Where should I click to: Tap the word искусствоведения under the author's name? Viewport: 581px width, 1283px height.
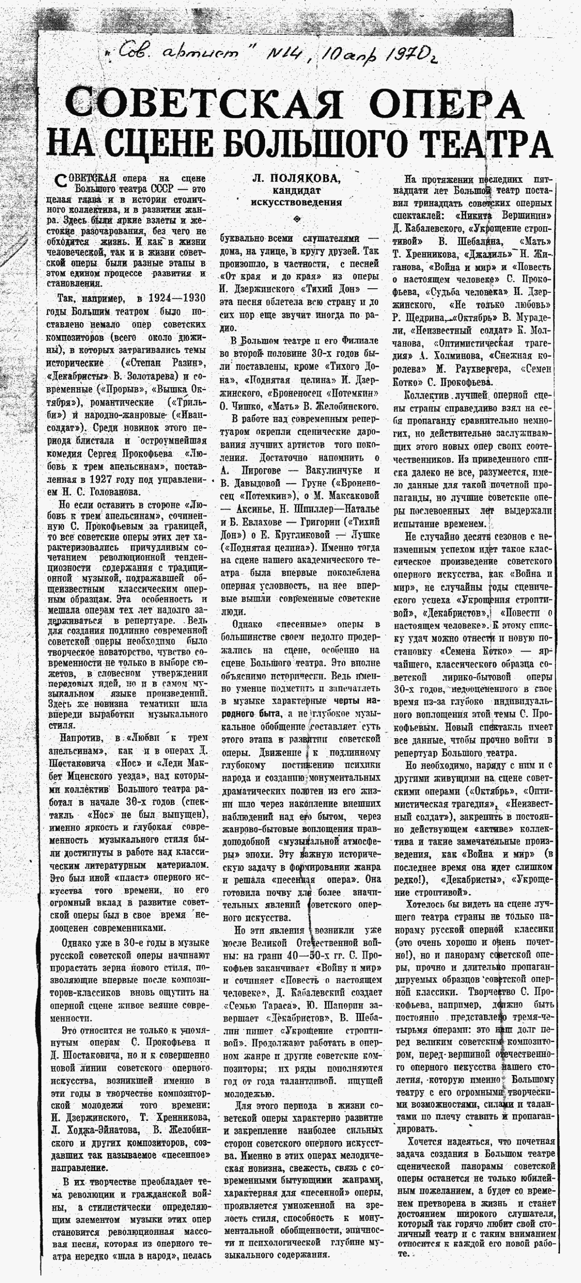point(296,202)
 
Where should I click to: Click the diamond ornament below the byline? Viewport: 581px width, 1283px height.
point(297,218)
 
